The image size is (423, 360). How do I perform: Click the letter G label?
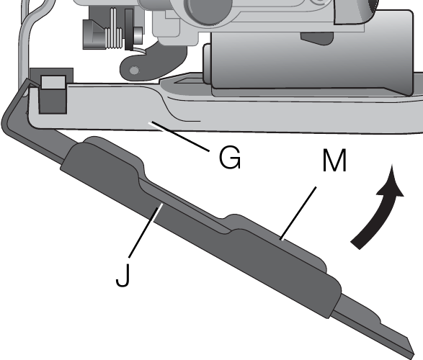(x=230, y=158)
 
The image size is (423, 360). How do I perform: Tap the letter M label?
(x=334, y=161)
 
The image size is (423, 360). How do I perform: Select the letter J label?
(x=123, y=275)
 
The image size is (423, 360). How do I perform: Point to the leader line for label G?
(x=179, y=136)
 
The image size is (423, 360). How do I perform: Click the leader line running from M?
(x=298, y=213)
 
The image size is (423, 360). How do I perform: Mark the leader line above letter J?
(x=146, y=230)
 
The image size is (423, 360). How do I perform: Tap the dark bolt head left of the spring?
(x=94, y=35)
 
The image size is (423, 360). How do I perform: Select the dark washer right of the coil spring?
(x=129, y=29)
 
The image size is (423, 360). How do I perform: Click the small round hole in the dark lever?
(x=134, y=71)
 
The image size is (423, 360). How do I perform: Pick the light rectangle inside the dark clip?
(x=53, y=82)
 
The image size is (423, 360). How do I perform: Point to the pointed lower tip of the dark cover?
(x=414, y=353)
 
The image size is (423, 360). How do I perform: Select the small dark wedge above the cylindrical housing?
(x=317, y=39)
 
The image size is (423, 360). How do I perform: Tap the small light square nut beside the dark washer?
(x=138, y=35)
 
